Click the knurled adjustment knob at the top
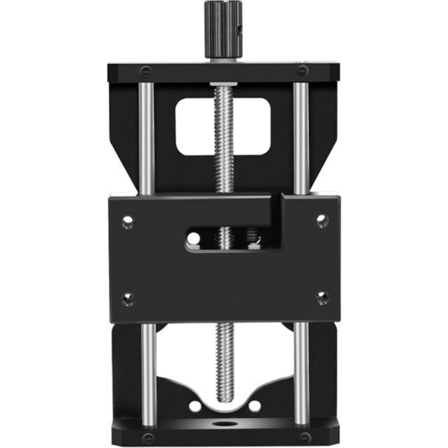coord(223,29)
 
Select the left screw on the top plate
coord(145,71)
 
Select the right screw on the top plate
coord(301,71)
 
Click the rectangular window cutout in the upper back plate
coord(223,126)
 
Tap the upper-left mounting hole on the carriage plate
coord(127,223)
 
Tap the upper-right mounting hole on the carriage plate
coord(322,220)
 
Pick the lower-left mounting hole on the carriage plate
coord(128,299)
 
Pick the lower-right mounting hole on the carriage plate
coord(322,298)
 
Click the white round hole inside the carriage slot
coord(194,239)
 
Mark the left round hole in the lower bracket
coord(195,406)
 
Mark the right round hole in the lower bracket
coord(254,406)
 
